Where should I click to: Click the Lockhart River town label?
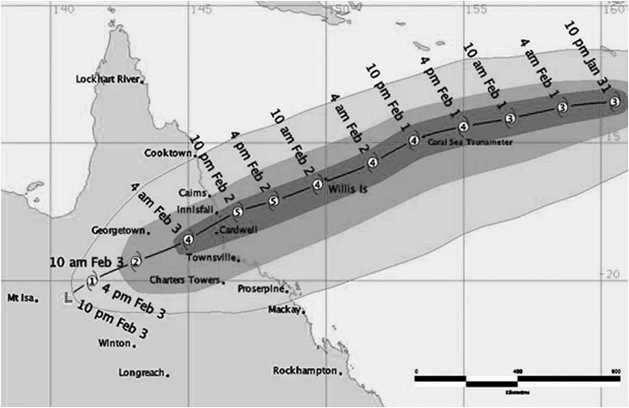click(x=109, y=79)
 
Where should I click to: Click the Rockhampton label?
click(x=304, y=371)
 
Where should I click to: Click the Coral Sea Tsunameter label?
click(x=470, y=143)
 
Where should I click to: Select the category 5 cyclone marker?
click(x=237, y=212)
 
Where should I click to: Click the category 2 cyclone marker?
click(x=136, y=262)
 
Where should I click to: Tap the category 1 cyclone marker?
click(x=92, y=281)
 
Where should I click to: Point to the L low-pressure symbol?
click(x=68, y=298)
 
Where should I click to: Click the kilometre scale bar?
click(x=516, y=380)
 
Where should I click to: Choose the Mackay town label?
click(x=284, y=310)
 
